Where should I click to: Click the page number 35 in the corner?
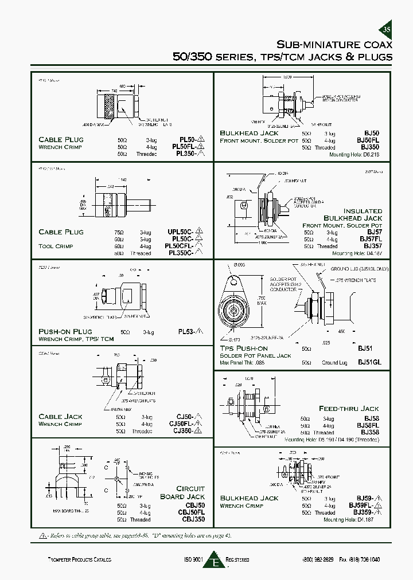[x=386, y=30]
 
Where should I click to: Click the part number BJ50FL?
[x=369, y=140]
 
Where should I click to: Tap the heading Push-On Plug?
[x=65, y=331]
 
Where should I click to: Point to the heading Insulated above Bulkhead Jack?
[x=363, y=211]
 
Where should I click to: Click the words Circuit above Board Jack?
[x=190, y=488]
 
